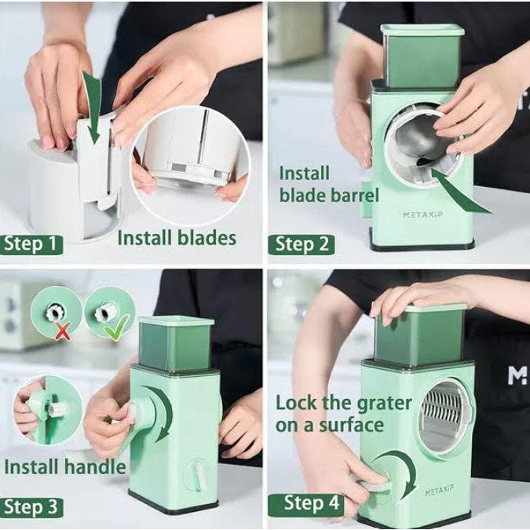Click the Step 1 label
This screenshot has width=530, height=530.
(31, 244)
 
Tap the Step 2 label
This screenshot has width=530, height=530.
(302, 245)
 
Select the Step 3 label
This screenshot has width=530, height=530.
(31, 507)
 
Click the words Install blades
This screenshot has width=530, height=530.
(177, 238)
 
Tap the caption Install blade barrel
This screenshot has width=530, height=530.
(328, 185)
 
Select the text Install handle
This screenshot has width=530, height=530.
(65, 467)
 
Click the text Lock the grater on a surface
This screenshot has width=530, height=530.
(343, 414)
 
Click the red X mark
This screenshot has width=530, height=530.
(64, 331)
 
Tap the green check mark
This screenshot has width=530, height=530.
(117, 327)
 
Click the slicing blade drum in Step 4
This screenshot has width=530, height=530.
(444, 415)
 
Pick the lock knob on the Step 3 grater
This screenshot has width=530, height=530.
(197, 474)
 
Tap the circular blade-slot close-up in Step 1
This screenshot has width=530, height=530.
(191, 165)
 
